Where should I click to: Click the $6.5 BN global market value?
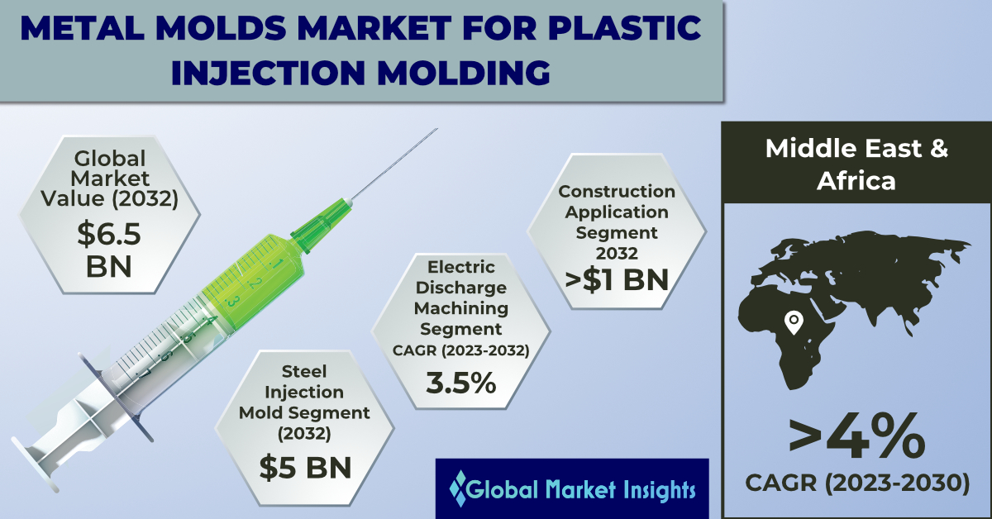pos(109,250)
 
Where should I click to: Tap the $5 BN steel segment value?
pos(305,468)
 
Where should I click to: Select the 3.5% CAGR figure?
pos(461,383)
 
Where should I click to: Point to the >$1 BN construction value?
pos(617,280)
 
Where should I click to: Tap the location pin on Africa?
pos(794,323)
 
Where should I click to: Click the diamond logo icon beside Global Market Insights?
pos(458,488)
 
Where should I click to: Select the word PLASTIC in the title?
pos(624,27)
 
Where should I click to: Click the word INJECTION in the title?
pos(268,72)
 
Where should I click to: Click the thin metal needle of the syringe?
pos(395,164)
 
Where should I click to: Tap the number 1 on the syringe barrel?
pos(276,264)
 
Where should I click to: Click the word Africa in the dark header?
pos(856,181)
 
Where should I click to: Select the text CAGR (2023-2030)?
pos(857,483)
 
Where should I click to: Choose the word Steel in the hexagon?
pos(304,372)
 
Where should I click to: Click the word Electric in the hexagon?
pos(461,267)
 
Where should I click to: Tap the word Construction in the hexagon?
pos(617,191)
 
